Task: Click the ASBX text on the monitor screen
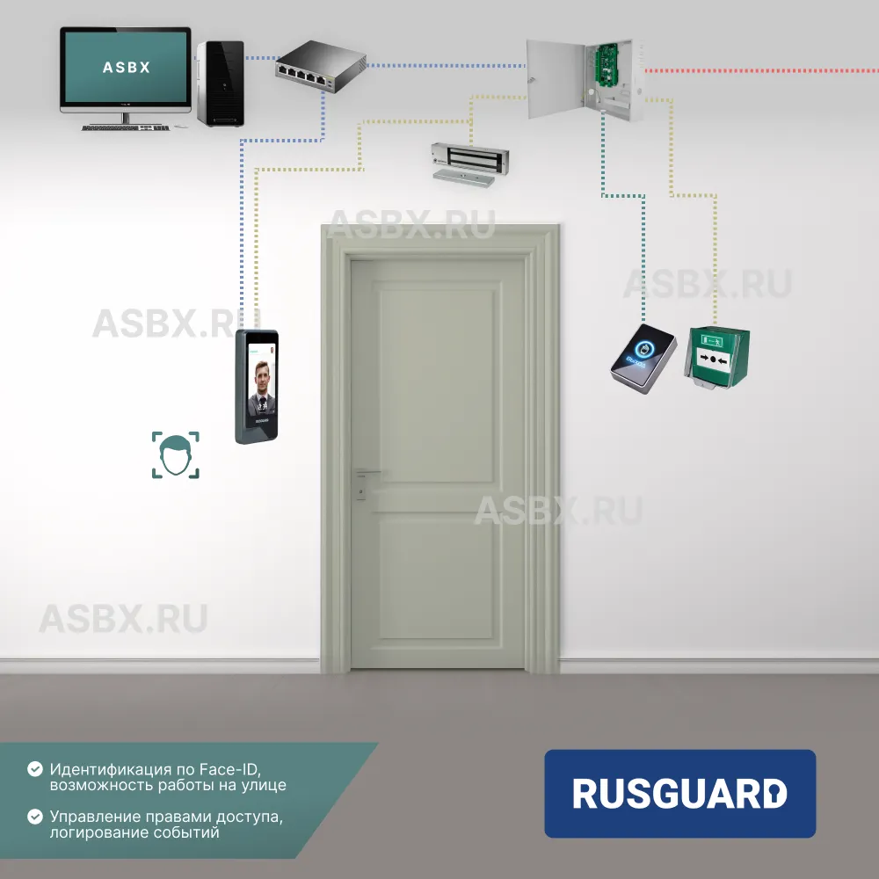coord(126,67)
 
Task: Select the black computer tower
coord(219,83)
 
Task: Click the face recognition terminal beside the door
coord(256,387)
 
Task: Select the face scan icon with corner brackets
coord(175,454)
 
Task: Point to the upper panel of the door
coord(436,382)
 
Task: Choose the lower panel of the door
coord(436,576)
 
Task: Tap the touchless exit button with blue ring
coord(644,359)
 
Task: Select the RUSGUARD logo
coord(679,793)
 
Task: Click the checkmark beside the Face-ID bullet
coord(35,768)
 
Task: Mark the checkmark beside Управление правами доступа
coord(35,816)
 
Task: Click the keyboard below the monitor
coord(125,127)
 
